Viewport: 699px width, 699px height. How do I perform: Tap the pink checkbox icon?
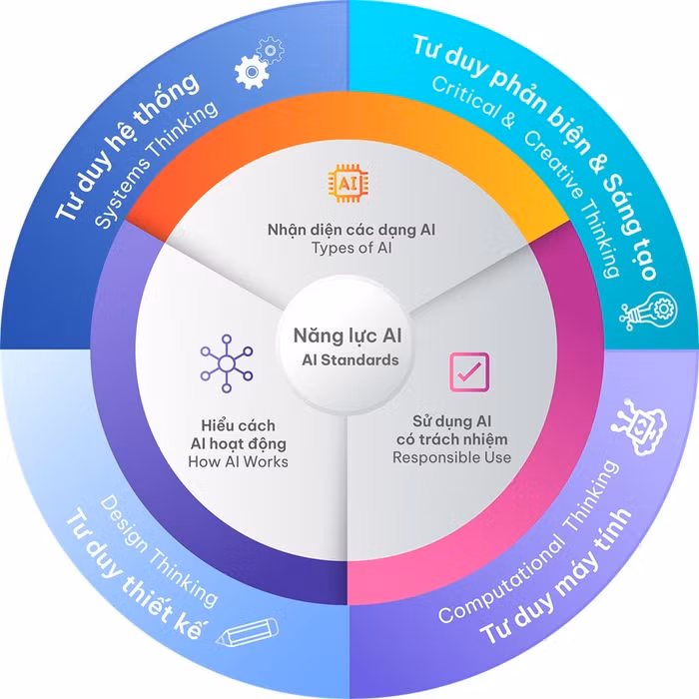(467, 370)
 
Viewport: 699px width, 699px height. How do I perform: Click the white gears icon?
(258, 64)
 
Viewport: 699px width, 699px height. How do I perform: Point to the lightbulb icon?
(642, 314)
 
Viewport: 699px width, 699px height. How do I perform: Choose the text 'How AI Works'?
(238, 461)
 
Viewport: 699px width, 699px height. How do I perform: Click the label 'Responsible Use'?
(451, 457)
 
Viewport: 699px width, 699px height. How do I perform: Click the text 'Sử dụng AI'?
(451, 419)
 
